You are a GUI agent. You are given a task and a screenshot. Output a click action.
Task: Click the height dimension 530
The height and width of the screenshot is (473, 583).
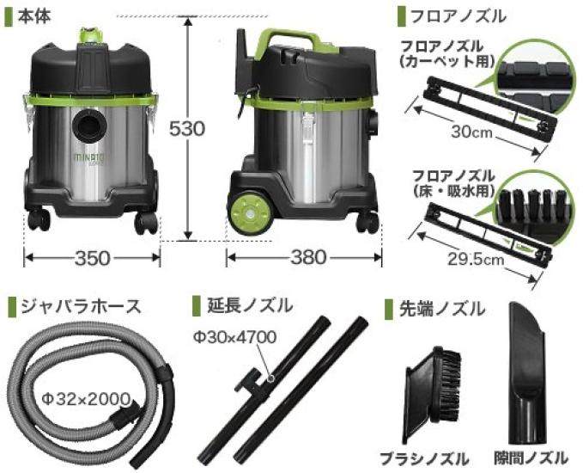[x=187, y=129]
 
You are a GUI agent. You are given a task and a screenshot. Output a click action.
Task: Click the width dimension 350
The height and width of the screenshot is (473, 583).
[x=92, y=256]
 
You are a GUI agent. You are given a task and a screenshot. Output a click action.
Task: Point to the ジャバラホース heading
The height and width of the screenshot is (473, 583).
[x=73, y=306]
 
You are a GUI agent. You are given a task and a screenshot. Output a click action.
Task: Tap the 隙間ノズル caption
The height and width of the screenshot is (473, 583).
[x=530, y=457]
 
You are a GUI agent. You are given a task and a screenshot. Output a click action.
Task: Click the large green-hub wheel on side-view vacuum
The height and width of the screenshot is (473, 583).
[x=249, y=212]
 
